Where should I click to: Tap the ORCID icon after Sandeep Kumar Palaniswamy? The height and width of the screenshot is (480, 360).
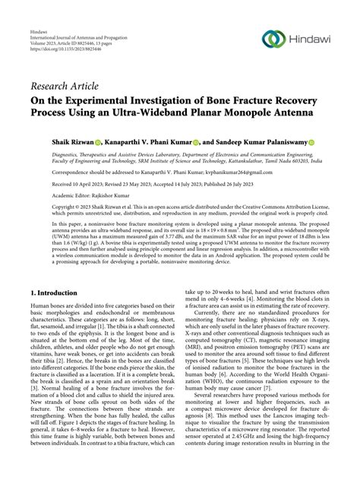(311, 142)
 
